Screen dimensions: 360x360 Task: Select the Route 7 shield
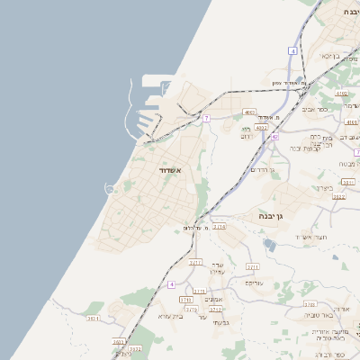click(206, 118)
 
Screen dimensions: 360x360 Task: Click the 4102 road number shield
click(341, 94)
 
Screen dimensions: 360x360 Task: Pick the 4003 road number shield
click(249, 112)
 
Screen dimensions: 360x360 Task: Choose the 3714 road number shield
click(219, 226)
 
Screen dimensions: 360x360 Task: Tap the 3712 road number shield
click(216, 309)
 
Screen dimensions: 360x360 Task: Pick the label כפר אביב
click(328, 109)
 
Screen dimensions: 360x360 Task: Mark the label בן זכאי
click(330, 56)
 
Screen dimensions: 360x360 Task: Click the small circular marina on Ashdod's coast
click(112, 188)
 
